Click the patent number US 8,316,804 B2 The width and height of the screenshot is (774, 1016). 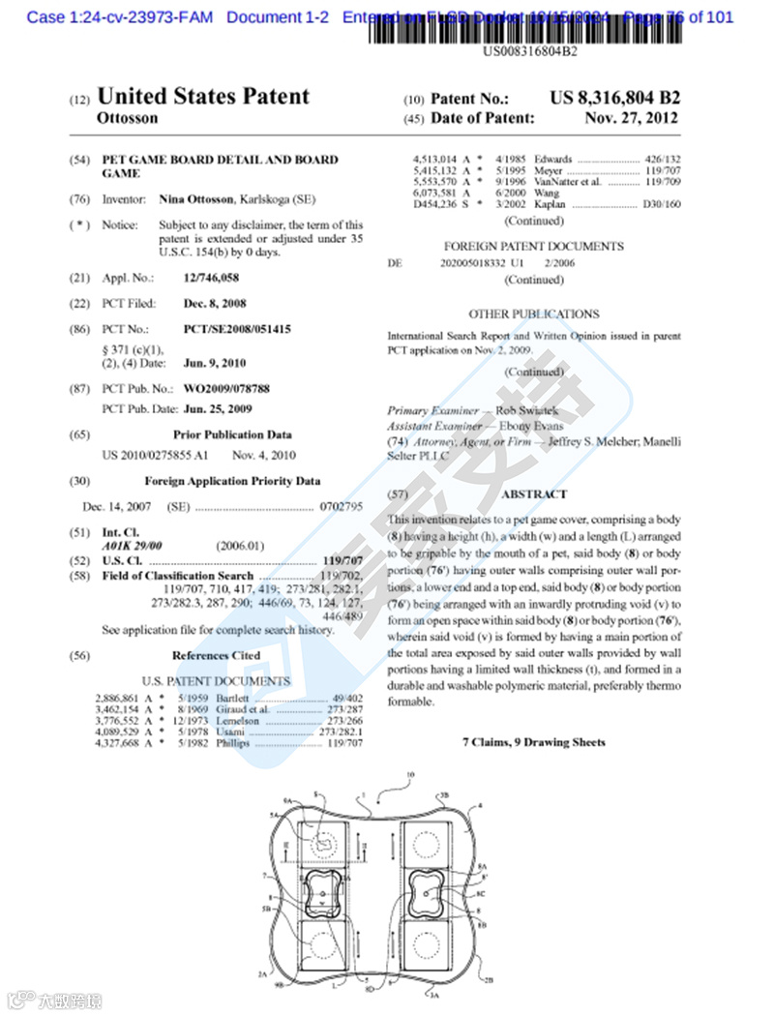coord(614,99)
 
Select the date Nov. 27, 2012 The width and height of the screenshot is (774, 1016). coord(631,119)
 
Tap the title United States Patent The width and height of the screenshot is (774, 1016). coord(203,97)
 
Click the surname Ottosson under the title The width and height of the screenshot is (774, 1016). coord(128,119)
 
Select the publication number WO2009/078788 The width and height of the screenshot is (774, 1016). coord(226,389)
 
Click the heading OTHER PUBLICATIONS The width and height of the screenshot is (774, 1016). coord(533,314)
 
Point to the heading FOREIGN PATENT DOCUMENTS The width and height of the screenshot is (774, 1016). coord(533,247)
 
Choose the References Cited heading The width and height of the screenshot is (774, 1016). coord(216,656)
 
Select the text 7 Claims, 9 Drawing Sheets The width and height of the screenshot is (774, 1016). coord(533,742)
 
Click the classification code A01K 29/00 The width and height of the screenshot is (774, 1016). coord(133,546)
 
